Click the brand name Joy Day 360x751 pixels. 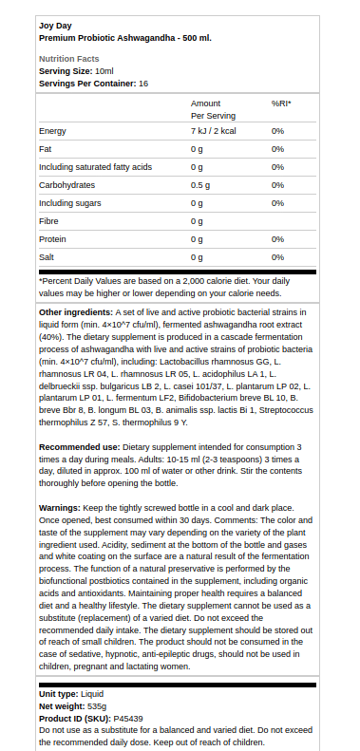coord(55,25)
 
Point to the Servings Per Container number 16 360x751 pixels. coord(143,84)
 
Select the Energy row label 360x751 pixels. coord(52,131)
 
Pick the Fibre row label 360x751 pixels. coord(49,221)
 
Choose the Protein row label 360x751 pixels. coord(52,239)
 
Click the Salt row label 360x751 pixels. coord(47,257)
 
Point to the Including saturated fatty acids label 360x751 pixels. coord(95,167)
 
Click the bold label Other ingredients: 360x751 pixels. coord(76,312)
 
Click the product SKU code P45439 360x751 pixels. coord(128,720)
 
